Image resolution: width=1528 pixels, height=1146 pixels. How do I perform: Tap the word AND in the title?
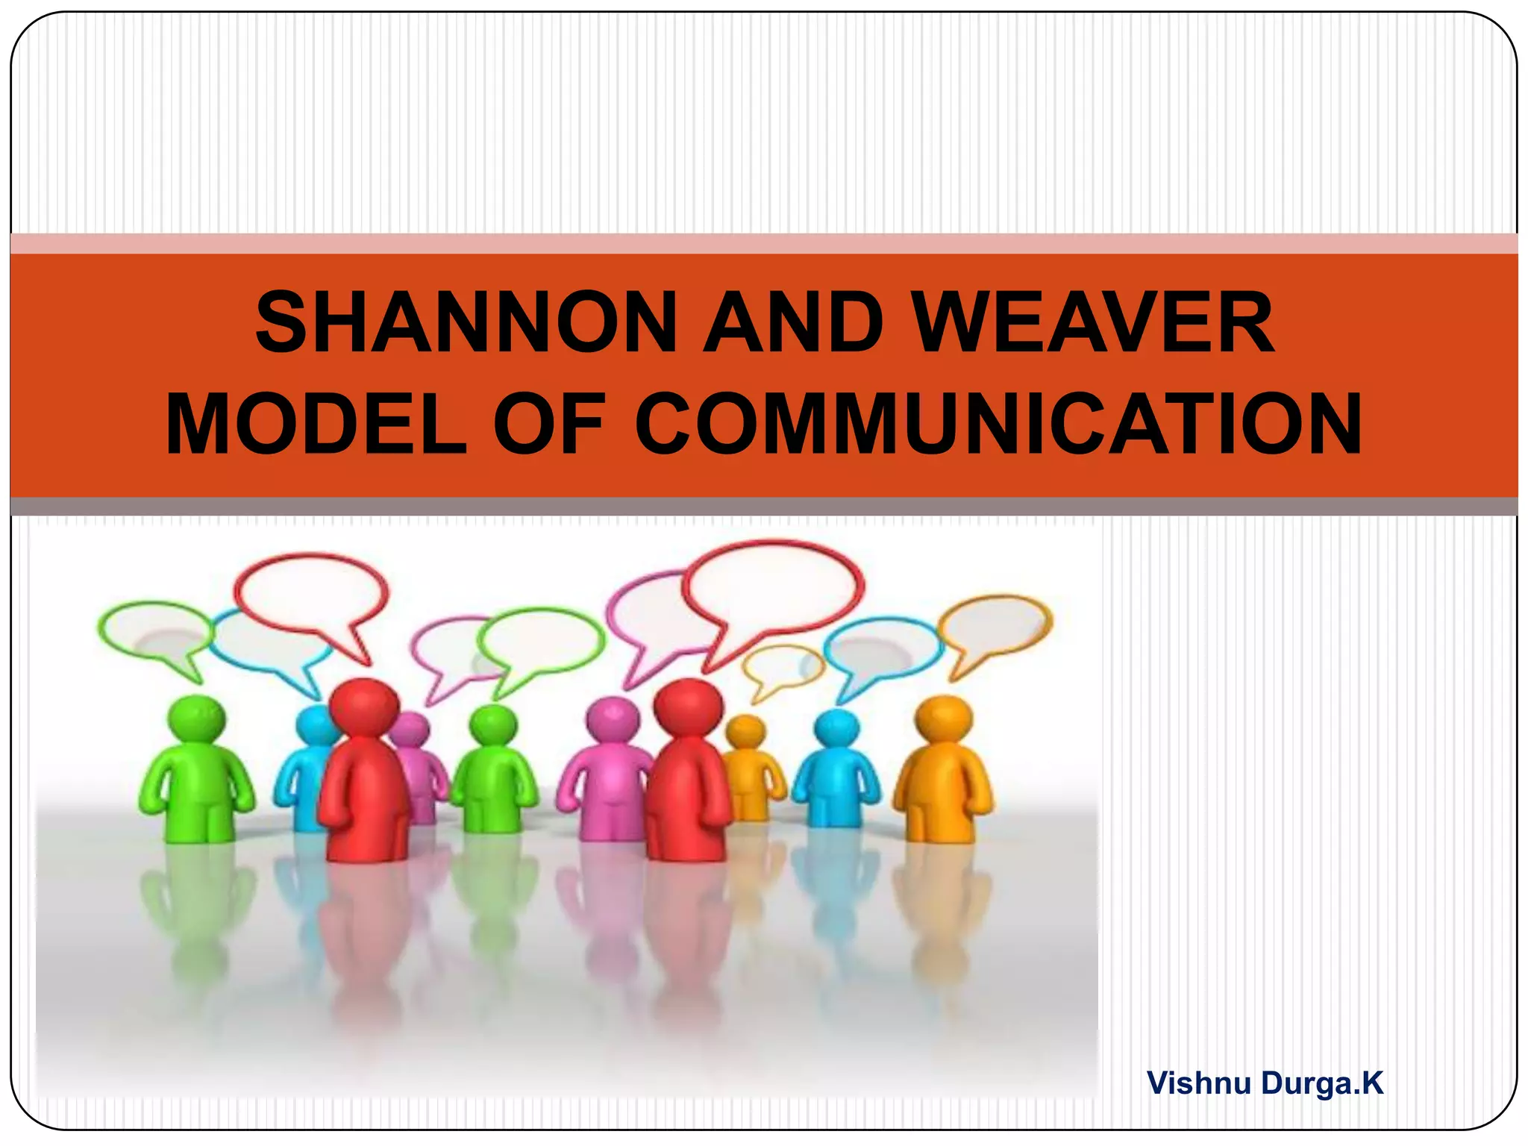(794, 323)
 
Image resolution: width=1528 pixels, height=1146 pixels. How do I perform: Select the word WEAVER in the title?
(1094, 323)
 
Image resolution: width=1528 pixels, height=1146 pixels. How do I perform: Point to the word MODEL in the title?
(316, 424)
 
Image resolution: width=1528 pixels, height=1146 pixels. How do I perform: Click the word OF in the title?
(548, 424)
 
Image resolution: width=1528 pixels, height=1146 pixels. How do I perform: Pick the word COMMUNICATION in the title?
(999, 424)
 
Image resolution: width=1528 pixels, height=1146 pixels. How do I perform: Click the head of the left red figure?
(364, 706)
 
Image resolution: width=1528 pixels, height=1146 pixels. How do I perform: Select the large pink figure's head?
(613, 721)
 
